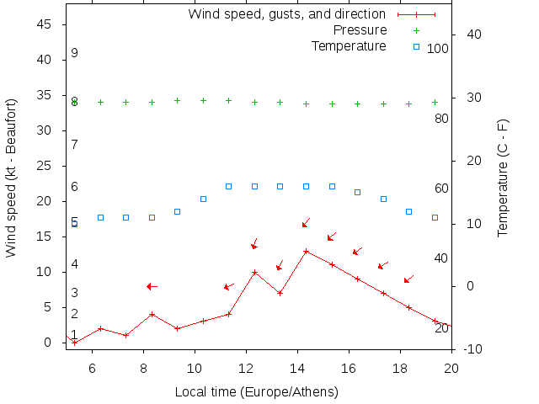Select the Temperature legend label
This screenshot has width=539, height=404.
click(x=349, y=45)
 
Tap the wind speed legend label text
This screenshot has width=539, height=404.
click(x=286, y=14)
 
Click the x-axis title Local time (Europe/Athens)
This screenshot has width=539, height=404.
click(x=256, y=392)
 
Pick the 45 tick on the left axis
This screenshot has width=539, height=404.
click(x=46, y=24)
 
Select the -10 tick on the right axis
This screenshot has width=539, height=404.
click(x=472, y=348)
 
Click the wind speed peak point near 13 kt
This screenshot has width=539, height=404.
click(x=306, y=251)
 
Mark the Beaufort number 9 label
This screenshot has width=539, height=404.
click(x=75, y=53)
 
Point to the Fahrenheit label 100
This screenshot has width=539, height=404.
click(x=438, y=49)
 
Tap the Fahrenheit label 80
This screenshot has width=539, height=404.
click(x=441, y=119)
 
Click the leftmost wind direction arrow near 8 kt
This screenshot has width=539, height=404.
click(x=152, y=286)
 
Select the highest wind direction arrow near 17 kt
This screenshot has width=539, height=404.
click(x=307, y=223)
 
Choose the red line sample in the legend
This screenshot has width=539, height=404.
click(x=416, y=14)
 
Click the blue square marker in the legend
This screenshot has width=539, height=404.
click(x=416, y=45)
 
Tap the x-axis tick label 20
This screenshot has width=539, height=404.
click(x=451, y=367)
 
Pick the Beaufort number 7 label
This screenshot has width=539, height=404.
click(x=75, y=145)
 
